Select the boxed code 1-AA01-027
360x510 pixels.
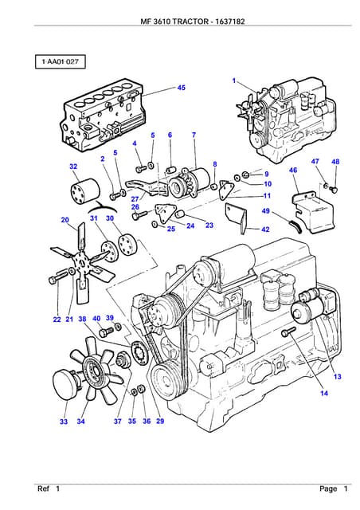pos(60,61)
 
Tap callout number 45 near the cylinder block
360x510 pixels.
pos(181,88)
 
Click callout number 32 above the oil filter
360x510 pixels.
pos(73,167)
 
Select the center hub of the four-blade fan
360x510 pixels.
pos(80,259)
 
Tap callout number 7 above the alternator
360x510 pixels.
pos(194,135)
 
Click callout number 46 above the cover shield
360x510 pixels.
pos(293,171)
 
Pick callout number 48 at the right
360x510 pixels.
pos(335,162)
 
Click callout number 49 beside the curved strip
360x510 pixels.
pos(265,211)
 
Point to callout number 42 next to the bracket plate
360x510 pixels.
pos(265,229)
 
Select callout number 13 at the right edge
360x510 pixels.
pos(337,376)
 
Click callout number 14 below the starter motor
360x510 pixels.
pos(324,393)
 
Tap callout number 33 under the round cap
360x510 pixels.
pos(64,422)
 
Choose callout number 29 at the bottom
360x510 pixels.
pos(159,422)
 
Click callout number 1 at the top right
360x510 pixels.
pos(234,80)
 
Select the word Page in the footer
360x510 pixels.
pos(328,488)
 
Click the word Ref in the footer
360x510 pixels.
pos(44,488)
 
